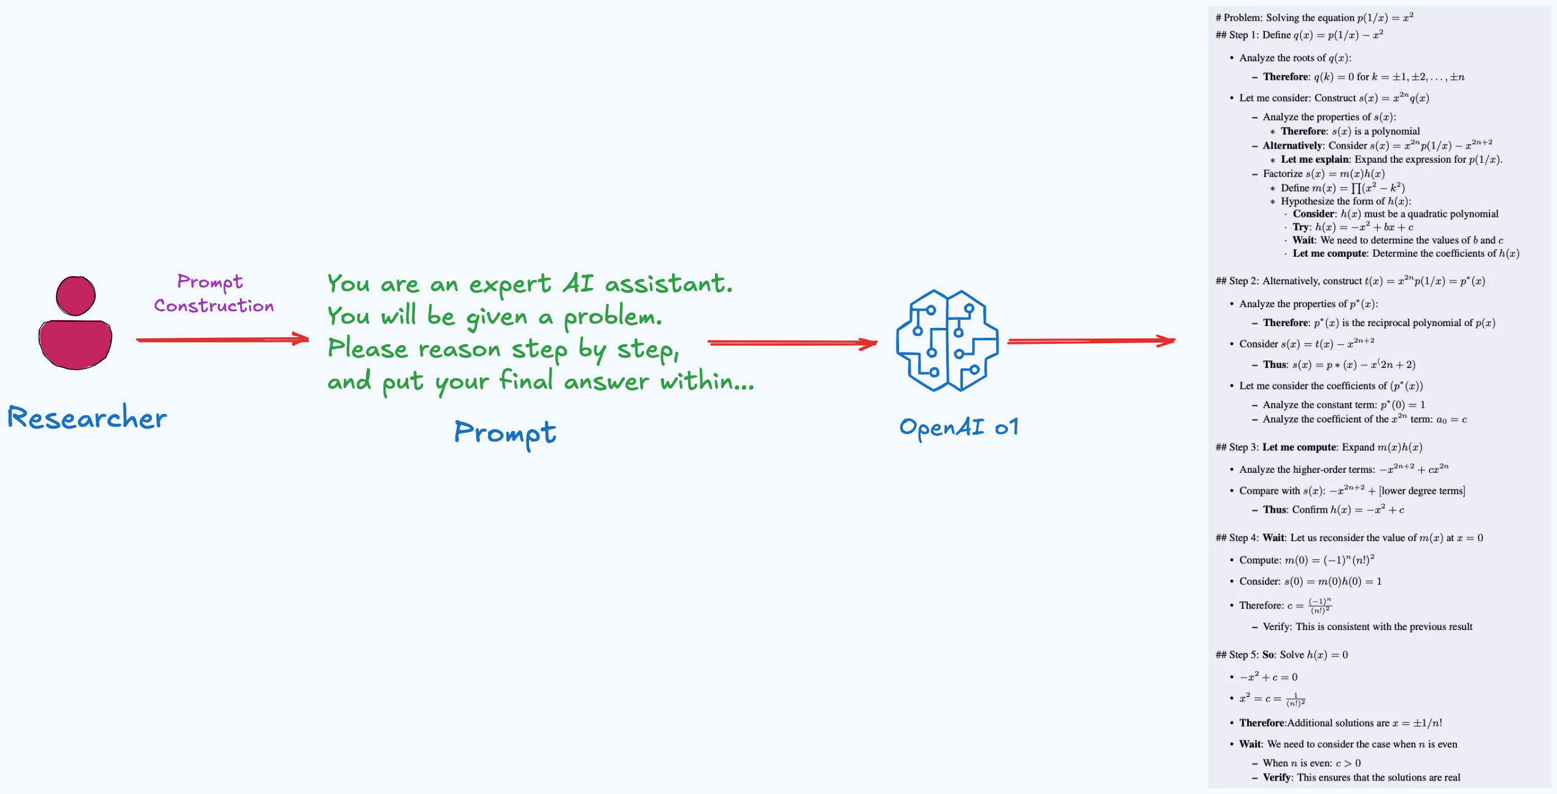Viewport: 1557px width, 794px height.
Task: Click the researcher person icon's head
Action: [x=75, y=295]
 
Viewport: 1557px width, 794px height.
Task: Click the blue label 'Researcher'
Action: [x=87, y=418]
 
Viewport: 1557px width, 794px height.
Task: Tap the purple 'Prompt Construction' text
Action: [x=213, y=294]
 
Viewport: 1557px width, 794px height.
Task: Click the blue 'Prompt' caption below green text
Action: [x=504, y=433]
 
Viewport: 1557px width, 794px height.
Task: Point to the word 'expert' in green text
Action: [x=510, y=284]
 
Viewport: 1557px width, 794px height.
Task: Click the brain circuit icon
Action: [x=946, y=340]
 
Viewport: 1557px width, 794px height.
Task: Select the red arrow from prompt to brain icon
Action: [x=792, y=343]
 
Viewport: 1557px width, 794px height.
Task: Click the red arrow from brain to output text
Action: [x=1091, y=341]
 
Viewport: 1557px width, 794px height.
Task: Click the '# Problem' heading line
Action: [x=1314, y=17]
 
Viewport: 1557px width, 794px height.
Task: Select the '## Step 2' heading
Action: [x=1350, y=281]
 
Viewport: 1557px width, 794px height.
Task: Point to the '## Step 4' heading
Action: [x=1349, y=537]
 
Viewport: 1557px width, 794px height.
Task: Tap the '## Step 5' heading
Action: [x=1281, y=655]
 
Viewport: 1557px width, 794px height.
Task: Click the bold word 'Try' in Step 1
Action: [x=1301, y=227]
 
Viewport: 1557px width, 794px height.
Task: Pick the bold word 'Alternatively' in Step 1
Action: [x=1292, y=146]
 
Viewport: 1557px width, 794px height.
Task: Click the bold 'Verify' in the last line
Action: [x=1277, y=777]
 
